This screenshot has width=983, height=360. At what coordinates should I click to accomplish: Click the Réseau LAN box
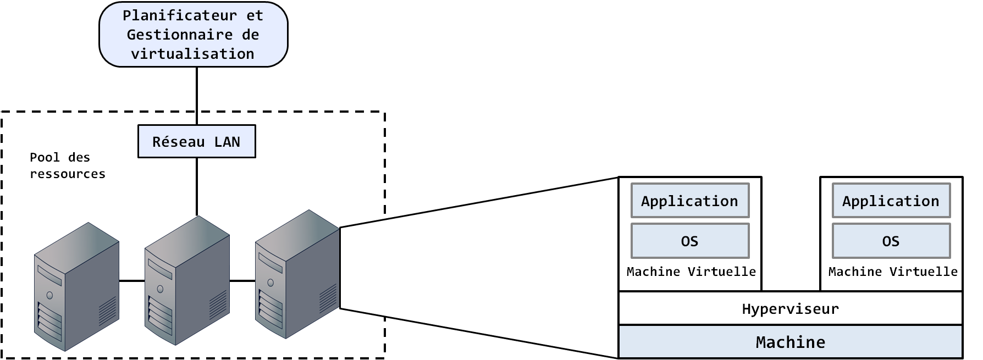(196, 141)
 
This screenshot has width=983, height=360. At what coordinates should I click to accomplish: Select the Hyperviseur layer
(790, 309)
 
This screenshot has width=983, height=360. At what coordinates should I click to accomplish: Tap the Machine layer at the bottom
(790, 342)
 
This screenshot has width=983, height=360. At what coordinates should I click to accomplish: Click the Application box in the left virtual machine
(689, 201)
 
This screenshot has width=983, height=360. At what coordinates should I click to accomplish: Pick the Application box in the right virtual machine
(891, 201)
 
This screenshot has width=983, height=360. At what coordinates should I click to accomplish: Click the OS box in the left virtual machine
(689, 241)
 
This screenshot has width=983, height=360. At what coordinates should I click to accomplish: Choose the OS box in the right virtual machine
(891, 241)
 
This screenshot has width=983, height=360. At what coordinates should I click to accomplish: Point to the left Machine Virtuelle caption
(691, 272)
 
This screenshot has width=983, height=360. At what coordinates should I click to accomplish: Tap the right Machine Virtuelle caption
(893, 272)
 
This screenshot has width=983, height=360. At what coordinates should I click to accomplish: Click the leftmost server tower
(76, 286)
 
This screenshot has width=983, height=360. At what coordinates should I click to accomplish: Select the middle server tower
(187, 280)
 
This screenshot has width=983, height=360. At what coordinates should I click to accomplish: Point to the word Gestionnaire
(180, 35)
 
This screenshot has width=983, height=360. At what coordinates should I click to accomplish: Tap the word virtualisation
(192, 54)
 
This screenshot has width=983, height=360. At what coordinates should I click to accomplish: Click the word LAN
(227, 142)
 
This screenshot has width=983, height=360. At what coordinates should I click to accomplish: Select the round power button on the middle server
(160, 289)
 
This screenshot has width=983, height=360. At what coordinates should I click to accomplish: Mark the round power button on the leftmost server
(49, 296)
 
